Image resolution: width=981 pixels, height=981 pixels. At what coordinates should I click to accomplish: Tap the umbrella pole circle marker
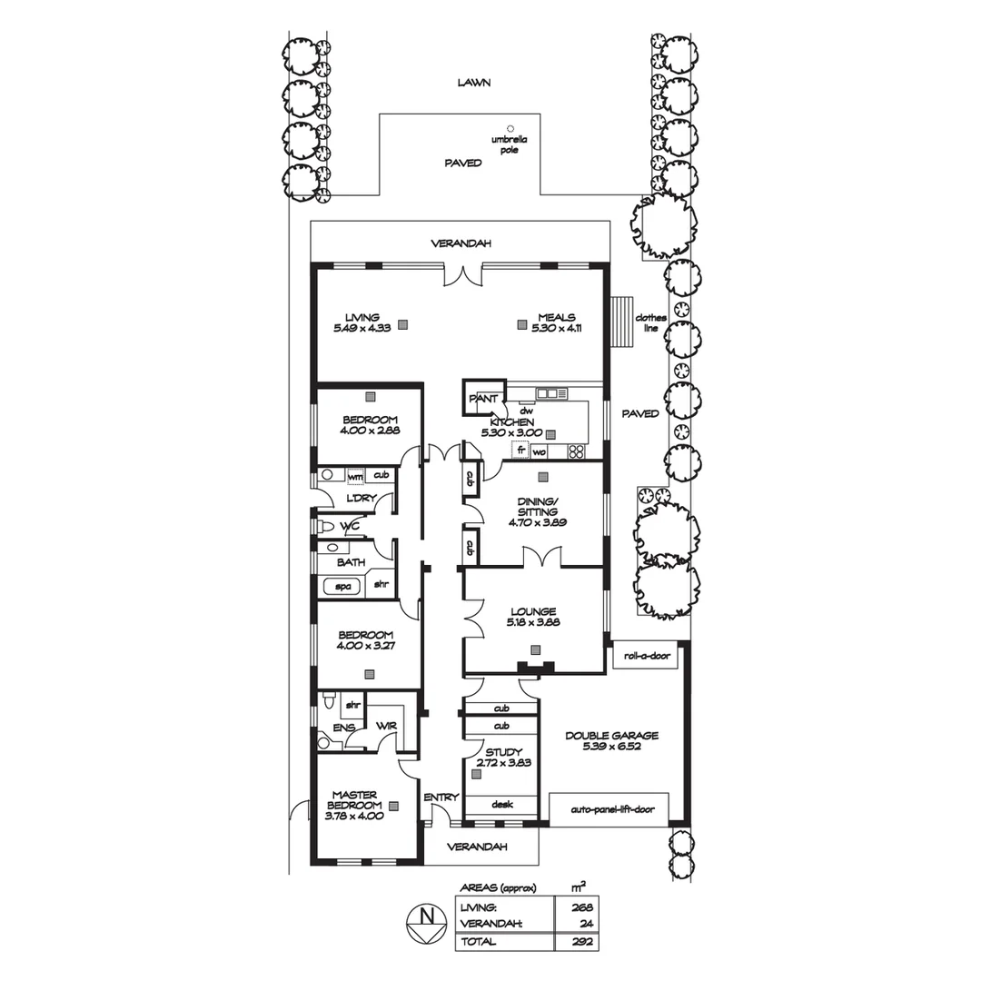coord(510,128)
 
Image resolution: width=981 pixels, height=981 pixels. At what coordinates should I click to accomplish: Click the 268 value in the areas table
coord(583,907)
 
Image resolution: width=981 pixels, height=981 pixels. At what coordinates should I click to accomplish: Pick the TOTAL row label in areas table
coord(479,942)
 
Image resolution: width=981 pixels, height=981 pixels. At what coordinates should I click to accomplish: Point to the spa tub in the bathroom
coord(343,587)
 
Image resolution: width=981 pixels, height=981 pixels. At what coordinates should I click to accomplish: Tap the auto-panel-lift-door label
coord(609,808)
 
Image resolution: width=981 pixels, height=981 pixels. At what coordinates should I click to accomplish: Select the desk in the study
coord(501,805)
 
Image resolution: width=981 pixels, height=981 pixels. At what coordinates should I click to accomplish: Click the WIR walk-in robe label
coord(385,725)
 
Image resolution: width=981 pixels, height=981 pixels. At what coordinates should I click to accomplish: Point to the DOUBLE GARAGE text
coord(611,737)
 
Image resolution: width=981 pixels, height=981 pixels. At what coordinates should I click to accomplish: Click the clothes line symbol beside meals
coord(623,322)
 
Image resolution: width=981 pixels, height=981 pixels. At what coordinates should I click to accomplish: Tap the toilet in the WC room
coord(326,527)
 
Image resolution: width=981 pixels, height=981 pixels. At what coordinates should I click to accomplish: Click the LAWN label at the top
coord(474,83)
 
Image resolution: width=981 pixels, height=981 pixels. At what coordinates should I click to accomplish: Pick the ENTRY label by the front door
coord(441,798)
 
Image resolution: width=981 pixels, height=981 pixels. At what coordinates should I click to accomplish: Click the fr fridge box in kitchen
coord(521,451)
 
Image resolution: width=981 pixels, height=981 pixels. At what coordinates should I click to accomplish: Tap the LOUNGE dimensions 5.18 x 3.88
coord(532,624)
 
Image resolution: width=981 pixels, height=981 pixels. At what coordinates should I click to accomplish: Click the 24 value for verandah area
coord(588,924)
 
